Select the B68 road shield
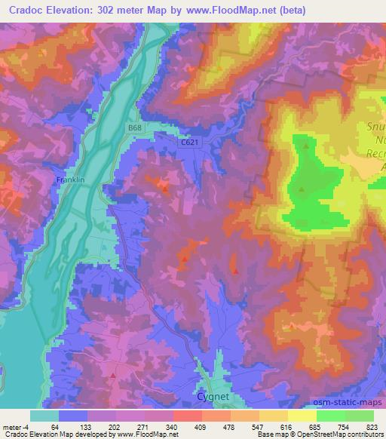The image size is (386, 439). pos(134,129)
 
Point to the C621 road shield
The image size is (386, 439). pos(189,142)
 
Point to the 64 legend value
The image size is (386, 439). pos(54,426)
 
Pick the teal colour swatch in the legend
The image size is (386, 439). pos(44,416)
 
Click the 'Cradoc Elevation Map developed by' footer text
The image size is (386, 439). pos(56,434)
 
